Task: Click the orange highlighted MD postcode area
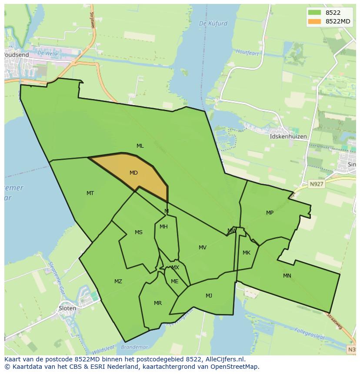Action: coord(135,174)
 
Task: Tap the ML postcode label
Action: coord(140,146)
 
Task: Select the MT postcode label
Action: coord(90,193)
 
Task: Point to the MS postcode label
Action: coord(138,232)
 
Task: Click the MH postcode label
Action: coord(163,227)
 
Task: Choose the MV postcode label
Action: coord(203,248)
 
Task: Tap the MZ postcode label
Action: coord(118,281)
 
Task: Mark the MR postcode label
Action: coord(158,303)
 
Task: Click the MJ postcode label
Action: coord(209,296)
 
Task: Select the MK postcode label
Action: coord(247,253)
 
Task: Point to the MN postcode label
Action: coord(287,276)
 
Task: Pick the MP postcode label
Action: coord(270,213)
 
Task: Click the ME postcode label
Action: coord(175,281)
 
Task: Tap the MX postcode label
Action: coord(175,268)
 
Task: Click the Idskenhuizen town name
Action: coord(288,136)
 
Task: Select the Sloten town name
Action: coord(67,308)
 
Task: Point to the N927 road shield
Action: coord(317,184)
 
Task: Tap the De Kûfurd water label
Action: coord(213,23)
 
